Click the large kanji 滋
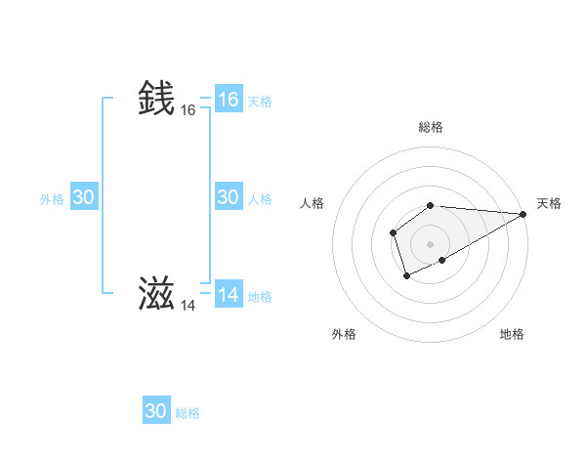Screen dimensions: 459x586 [x=157, y=293]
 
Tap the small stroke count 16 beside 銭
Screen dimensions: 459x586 [x=188, y=110]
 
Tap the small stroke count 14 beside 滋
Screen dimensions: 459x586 [x=188, y=306]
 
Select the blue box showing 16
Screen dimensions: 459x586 [x=228, y=100]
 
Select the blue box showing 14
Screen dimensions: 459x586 [x=228, y=294]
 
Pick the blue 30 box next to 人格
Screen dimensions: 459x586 [x=228, y=197]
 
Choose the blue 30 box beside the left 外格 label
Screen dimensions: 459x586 [x=83, y=197]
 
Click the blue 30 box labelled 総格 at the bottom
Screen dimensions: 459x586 [x=155, y=411]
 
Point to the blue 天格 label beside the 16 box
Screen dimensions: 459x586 [x=260, y=102]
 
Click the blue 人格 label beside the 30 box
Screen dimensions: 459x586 [x=260, y=199]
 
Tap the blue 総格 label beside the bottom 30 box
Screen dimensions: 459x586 [x=188, y=413]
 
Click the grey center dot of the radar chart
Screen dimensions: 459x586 [x=430, y=244]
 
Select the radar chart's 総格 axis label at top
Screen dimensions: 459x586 [x=430, y=127]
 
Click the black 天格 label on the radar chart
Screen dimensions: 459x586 [x=549, y=202]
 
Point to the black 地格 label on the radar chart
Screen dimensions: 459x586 [x=512, y=334]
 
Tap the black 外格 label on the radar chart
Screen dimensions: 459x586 [x=344, y=334]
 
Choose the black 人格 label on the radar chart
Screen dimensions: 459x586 [x=313, y=202]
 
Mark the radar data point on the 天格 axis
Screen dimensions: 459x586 [x=523, y=214]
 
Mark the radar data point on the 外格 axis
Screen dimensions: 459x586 [x=406, y=276]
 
